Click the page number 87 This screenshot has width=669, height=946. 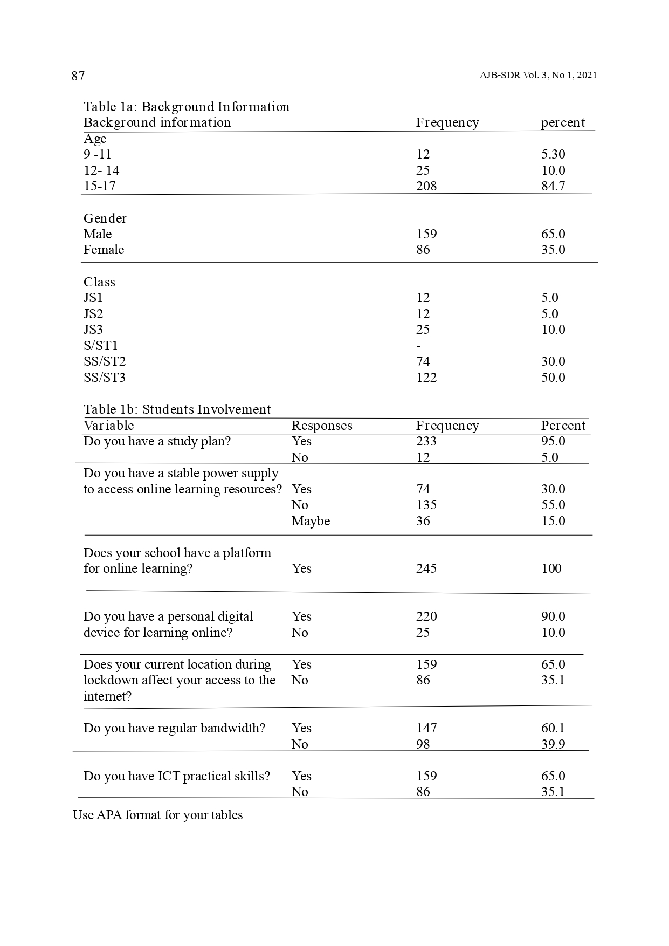pyautogui.click(x=78, y=76)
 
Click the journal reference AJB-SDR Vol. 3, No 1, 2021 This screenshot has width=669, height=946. pyautogui.click(x=538, y=76)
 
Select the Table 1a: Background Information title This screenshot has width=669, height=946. pyautogui.click(x=187, y=107)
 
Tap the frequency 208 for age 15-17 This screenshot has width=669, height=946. pyautogui.click(x=426, y=186)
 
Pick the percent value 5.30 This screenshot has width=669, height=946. pyautogui.click(x=553, y=154)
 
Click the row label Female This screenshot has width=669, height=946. pyautogui.click(x=104, y=250)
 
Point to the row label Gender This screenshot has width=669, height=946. pyautogui.click(x=105, y=218)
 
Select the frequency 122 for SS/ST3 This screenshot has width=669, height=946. pyautogui.click(x=426, y=378)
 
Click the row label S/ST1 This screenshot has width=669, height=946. pyautogui.click(x=100, y=346)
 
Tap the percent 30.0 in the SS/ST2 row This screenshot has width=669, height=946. pyautogui.click(x=553, y=361)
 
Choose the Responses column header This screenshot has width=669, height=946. pyautogui.click(x=322, y=426)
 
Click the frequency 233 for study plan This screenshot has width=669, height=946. pyautogui.click(x=426, y=441)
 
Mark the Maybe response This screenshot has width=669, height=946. pyautogui.click(x=311, y=521)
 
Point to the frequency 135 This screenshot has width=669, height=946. pyautogui.click(x=426, y=505)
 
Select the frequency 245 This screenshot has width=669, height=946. pyautogui.click(x=426, y=568)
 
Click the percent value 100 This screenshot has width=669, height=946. pyautogui.click(x=551, y=568)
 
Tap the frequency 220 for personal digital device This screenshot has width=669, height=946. pyautogui.click(x=426, y=616)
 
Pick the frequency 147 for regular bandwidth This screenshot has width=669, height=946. pyautogui.click(x=426, y=728)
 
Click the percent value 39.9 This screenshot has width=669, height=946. pyautogui.click(x=553, y=744)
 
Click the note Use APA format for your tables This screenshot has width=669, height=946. pyautogui.click(x=157, y=815)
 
